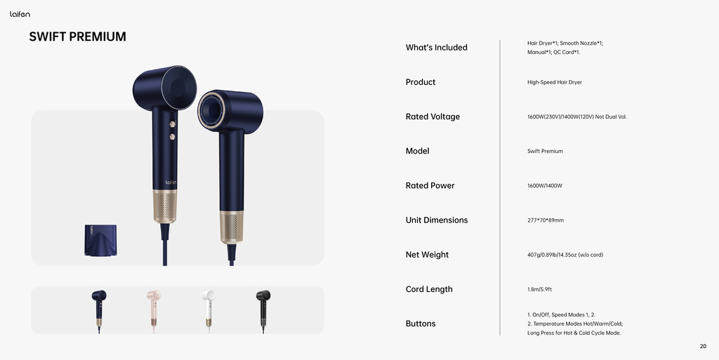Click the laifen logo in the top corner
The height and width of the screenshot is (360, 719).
pos(20,14)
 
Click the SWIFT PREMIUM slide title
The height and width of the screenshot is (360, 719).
pos(77,36)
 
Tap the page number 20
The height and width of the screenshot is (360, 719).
pos(703,346)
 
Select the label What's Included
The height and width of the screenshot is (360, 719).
pos(437,47)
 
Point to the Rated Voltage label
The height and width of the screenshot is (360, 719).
pos(433,116)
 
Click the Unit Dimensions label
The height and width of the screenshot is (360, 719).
pos(437,220)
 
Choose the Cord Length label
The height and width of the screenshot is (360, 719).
pos(429,289)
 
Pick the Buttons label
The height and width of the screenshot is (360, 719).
pos(421,324)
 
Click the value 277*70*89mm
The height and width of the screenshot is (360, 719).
pos(545,220)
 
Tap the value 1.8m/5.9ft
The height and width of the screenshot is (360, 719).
pos(539,289)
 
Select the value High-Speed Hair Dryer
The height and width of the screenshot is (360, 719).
pos(555,82)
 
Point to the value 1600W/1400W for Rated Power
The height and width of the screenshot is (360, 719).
pos(544,186)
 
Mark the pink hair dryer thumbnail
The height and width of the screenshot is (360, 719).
pos(154,311)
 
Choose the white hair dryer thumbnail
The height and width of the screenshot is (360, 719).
pos(209,311)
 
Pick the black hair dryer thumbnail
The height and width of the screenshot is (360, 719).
pos(263,311)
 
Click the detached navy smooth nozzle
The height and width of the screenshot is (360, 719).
pos(100,240)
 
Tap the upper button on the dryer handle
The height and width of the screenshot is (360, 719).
pos(173,124)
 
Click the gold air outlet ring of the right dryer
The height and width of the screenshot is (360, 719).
pos(211,110)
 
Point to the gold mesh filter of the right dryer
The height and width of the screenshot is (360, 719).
pos(232,227)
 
